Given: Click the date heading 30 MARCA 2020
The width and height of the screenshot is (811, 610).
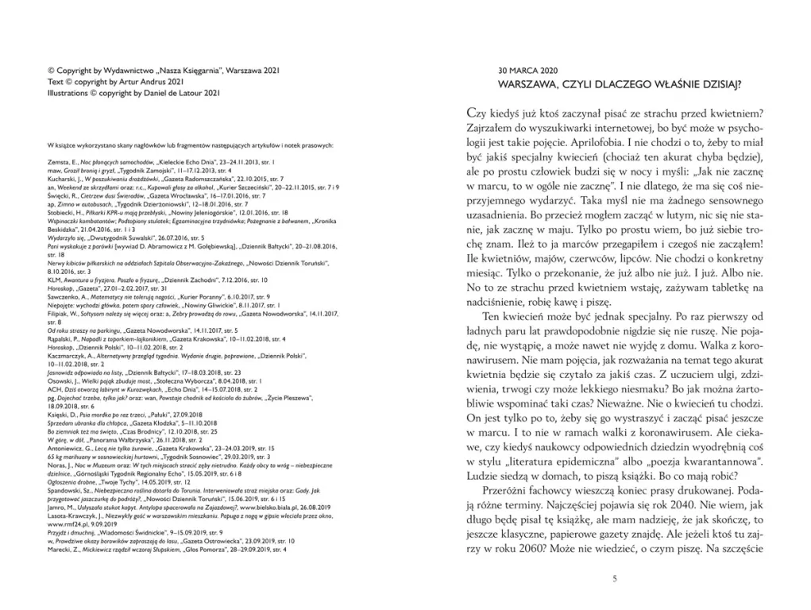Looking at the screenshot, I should [527, 70].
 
